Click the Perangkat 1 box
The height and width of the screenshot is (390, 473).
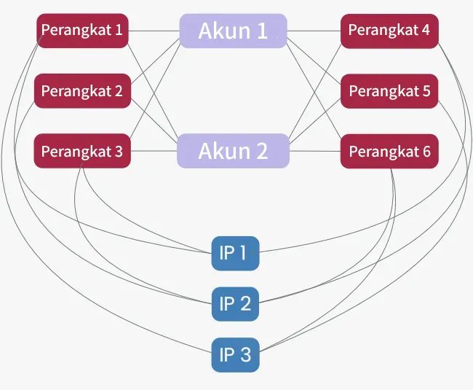click(83, 31)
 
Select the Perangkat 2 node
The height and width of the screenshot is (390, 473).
click(83, 90)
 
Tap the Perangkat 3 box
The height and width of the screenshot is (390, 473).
click(82, 151)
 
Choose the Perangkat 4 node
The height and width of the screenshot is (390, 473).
click(389, 31)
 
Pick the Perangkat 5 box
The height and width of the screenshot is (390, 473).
click(389, 91)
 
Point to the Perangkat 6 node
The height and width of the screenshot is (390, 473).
click(389, 151)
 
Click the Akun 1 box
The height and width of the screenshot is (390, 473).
click(233, 31)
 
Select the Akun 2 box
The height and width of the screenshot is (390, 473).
click(233, 151)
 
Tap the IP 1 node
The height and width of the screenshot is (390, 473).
click(235, 253)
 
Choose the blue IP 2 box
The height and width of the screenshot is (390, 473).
click(235, 304)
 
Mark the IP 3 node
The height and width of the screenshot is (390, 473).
click(235, 355)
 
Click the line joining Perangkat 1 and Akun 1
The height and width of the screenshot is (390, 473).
click(154, 31)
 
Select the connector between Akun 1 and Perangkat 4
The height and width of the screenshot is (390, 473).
click(314, 31)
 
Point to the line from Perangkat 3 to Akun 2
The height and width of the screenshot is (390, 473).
click(154, 151)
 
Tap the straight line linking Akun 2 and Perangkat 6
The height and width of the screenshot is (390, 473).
click(315, 151)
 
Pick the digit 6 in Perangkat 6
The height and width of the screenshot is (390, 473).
click(426, 151)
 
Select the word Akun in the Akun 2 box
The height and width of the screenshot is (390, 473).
click(224, 151)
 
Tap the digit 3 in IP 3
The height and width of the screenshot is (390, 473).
click(246, 355)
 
